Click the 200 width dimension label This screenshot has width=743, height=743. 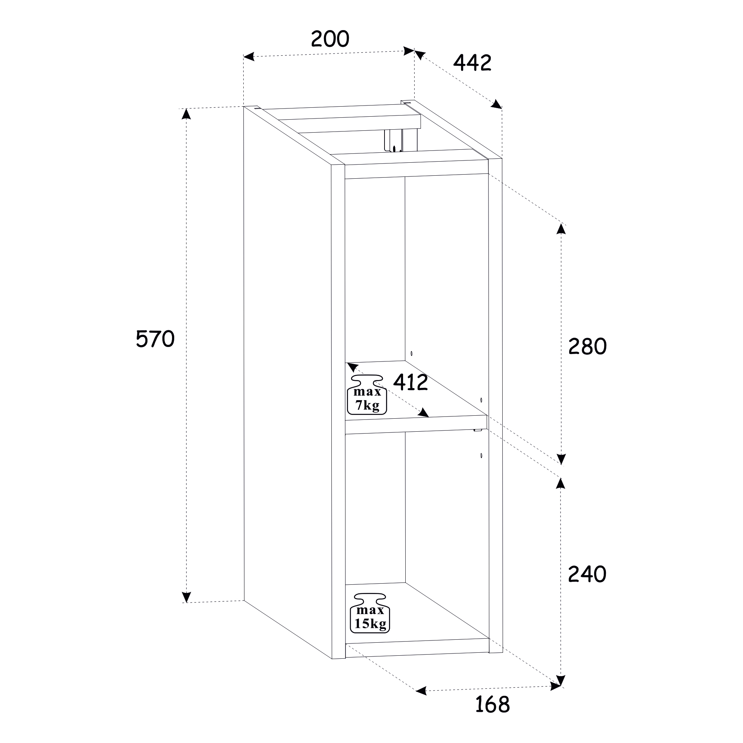point(330,39)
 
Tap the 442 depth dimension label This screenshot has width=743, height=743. point(472,63)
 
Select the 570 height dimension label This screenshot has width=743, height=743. point(155,339)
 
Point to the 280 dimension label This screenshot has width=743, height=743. point(587,346)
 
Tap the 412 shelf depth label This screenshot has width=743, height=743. point(411,382)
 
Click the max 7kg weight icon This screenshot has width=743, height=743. point(367,395)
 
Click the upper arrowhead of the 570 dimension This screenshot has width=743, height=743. point(186,114)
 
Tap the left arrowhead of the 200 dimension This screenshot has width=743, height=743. point(249,57)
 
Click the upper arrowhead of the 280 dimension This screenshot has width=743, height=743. point(561,229)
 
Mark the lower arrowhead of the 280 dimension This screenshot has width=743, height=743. point(561,459)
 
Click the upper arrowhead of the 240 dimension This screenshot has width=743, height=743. point(561,483)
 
